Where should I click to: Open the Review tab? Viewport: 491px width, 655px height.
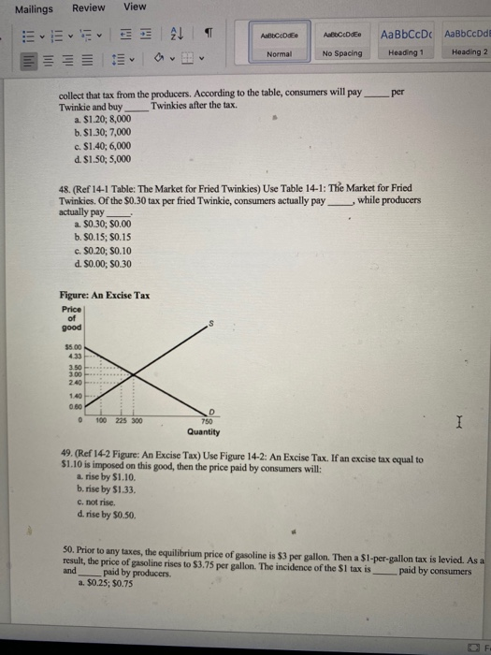89,7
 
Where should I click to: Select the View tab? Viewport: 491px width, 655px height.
136,7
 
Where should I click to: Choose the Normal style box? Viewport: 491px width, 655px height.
279,42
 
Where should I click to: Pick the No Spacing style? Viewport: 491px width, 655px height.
342,42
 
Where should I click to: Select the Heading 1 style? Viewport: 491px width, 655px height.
405,42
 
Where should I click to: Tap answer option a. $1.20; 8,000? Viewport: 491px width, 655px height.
102,121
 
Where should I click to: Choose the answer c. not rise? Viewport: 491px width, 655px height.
100,501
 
